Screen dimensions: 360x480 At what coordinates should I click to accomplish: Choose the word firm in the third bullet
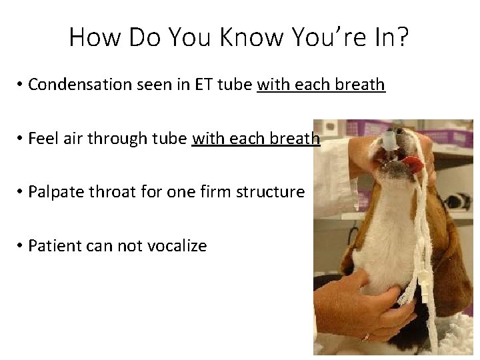pyautogui.click(x=214, y=192)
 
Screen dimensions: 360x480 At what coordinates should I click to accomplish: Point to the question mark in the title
pyautogui.click(x=403, y=37)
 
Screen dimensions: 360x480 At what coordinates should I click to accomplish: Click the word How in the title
pyautogui.click(x=94, y=37)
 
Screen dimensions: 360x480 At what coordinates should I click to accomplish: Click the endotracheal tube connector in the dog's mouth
pyautogui.click(x=389, y=141)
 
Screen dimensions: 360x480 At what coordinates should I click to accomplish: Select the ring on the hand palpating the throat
pyautogui.click(x=365, y=337)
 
